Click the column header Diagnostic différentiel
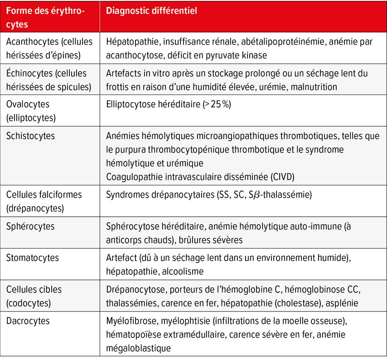(x=151, y=10)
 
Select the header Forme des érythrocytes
(x=45, y=17)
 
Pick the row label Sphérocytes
(x=30, y=226)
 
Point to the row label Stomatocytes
(x=32, y=258)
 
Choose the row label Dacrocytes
(x=28, y=321)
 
